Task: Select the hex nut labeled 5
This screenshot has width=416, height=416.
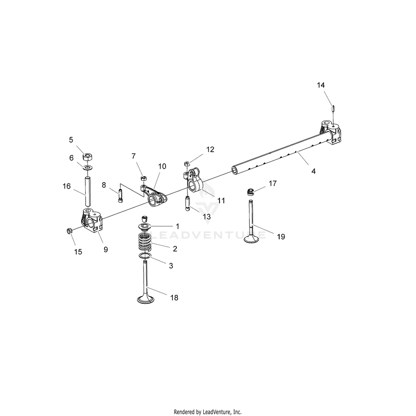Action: point(88,157)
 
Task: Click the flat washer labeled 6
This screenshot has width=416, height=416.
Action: point(88,167)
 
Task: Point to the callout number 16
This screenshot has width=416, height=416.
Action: point(67,186)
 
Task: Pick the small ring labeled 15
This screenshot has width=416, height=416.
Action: point(69,231)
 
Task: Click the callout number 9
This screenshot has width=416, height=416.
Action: point(106,250)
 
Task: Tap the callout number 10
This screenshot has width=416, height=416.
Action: point(162,166)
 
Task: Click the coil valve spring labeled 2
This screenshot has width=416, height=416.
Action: point(145,244)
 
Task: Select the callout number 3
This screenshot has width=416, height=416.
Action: point(171,265)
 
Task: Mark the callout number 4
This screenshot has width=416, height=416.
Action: point(313,171)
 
